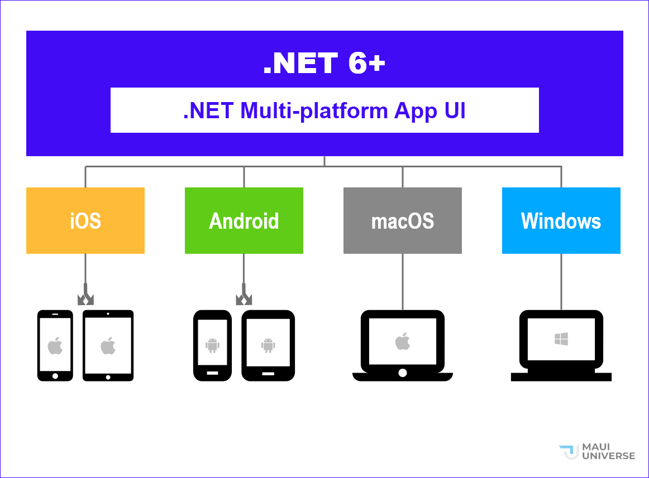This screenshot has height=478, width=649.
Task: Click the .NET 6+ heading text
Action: tap(324, 64)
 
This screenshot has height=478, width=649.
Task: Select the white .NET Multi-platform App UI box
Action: tap(324, 110)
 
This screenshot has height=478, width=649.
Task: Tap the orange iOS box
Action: tap(85, 221)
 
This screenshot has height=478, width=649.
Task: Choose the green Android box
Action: tap(244, 221)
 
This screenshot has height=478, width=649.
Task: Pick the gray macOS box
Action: tap(403, 221)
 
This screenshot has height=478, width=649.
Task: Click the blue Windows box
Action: tap(561, 221)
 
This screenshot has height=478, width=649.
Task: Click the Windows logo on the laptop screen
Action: tap(561, 339)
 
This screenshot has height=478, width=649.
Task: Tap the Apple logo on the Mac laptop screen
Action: tap(403, 341)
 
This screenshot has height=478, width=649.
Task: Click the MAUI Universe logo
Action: tap(597, 452)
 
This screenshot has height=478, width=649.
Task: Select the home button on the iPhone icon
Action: tap(55, 375)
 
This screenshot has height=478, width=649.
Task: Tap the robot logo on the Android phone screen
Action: tap(212, 345)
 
